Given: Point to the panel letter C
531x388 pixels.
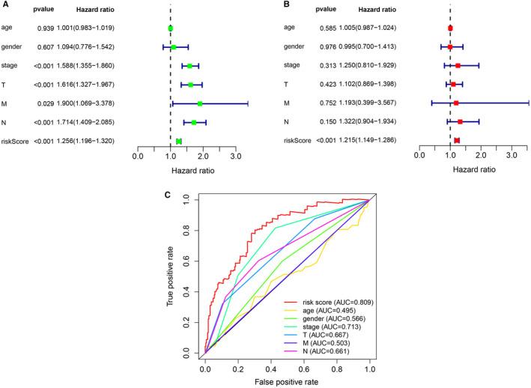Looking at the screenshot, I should point(168,196).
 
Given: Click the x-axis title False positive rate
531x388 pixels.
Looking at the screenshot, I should point(287,382).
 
